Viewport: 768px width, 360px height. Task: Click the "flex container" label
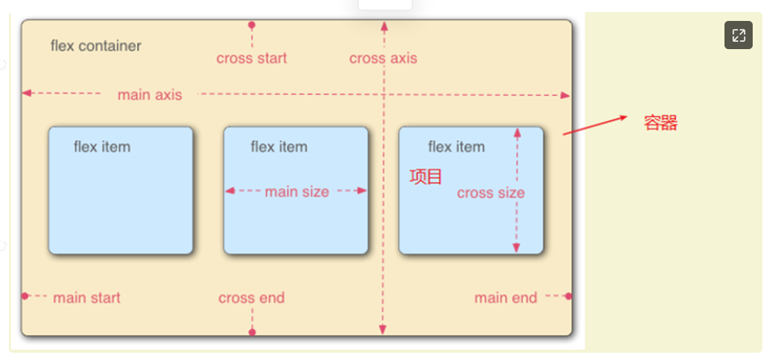point(95,46)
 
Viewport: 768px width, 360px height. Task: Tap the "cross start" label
point(251,58)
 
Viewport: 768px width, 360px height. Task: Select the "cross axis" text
point(383,58)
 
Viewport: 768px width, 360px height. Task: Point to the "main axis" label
point(150,94)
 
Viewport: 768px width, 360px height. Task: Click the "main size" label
point(297,192)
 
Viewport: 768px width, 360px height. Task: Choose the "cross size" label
point(490,192)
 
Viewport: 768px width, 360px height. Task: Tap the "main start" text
point(86,298)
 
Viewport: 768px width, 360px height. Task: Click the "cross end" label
point(251,298)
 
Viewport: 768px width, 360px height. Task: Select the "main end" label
point(505,298)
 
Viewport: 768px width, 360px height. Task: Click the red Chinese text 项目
point(426,176)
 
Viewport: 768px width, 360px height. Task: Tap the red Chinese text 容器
point(660,123)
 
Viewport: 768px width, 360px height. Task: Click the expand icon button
point(738,35)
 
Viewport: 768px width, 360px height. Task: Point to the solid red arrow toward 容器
point(595,124)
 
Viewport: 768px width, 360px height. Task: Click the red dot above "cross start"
point(251,26)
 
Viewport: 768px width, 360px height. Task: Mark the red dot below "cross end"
point(252,332)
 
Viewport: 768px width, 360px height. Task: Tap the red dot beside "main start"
point(25,296)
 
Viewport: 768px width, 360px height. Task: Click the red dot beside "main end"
point(568,296)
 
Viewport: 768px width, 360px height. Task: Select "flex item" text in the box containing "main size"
point(279,147)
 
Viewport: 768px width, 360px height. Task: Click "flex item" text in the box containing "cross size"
point(456,147)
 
